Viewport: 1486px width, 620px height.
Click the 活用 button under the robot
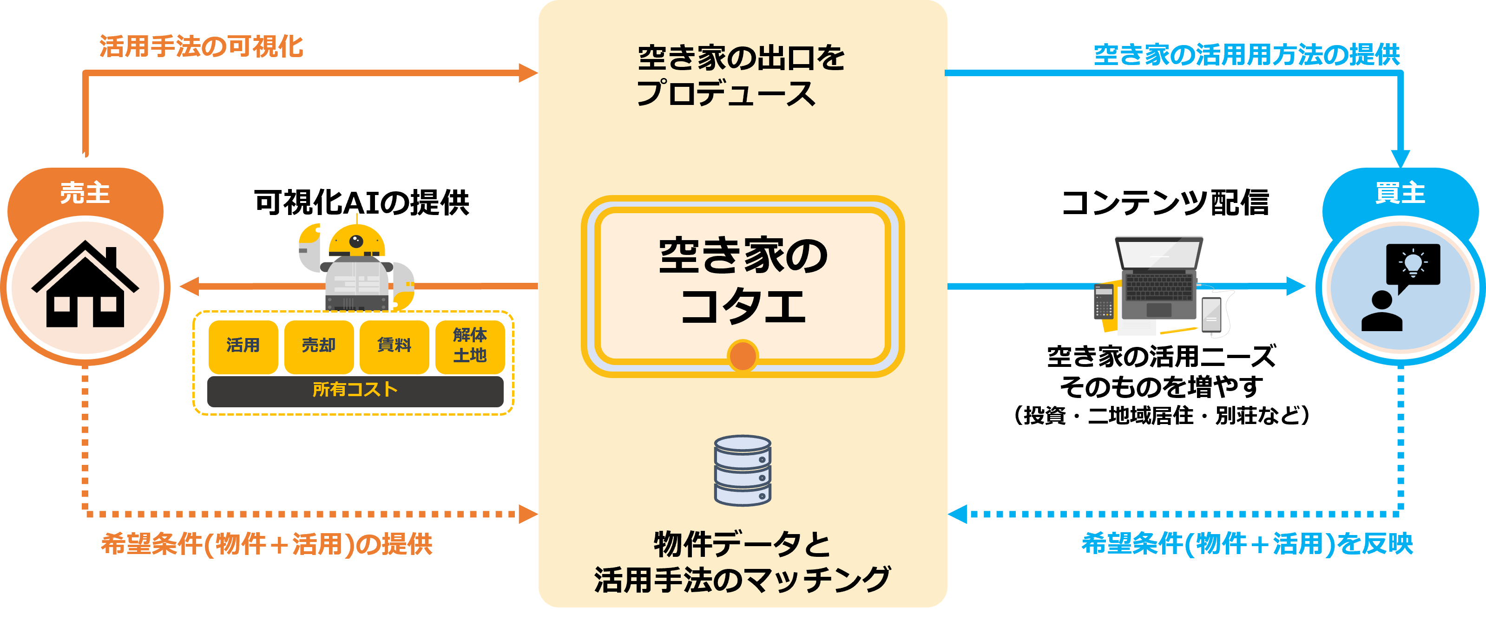[x=243, y=346]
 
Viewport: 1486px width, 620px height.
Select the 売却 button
[x=318, y=346]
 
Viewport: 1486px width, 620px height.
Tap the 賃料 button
[x=394, y=346]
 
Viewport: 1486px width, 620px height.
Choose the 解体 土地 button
[x=470, y=346]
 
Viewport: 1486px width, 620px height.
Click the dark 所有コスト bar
[x=355, y=391]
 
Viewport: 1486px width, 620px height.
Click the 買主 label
[x=1400, y=193]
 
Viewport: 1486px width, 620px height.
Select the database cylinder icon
[x=743, y=470]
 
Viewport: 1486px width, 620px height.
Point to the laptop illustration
[x=1158, y=277]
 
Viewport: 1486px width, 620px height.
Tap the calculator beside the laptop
[x=1104, y=301]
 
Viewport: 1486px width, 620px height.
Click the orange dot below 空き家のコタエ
[x=743, y=355]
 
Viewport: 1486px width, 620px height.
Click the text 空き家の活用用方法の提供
[x=1247, y=55]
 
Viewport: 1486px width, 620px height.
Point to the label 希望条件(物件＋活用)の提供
[x=267, y=544]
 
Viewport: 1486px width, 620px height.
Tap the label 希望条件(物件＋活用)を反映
[x=1247, y=544]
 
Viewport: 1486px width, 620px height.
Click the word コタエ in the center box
[x=743, y=306]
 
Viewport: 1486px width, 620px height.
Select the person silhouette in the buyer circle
[x=1381, y=312]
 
